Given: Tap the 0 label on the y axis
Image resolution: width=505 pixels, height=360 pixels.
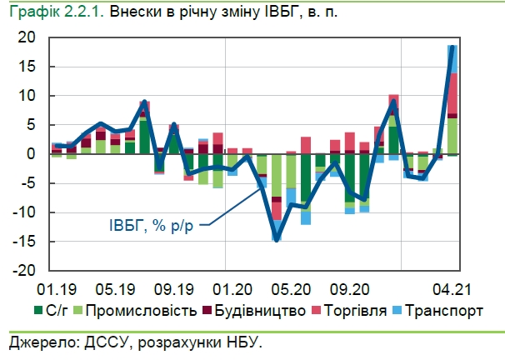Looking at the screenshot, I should pos(32,154).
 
